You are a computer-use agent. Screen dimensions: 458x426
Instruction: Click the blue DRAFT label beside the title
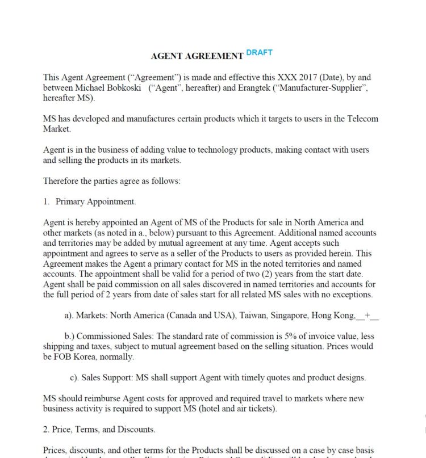click(259, 52)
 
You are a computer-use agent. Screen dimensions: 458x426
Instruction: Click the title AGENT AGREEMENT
click(197, 56)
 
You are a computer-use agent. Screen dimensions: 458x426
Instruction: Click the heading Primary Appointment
click(95, 201)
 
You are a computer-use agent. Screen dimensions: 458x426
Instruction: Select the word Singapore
click(296, 315)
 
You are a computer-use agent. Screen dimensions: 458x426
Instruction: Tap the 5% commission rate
click(289, 336)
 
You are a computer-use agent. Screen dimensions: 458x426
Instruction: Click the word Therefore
click(62, 181)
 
